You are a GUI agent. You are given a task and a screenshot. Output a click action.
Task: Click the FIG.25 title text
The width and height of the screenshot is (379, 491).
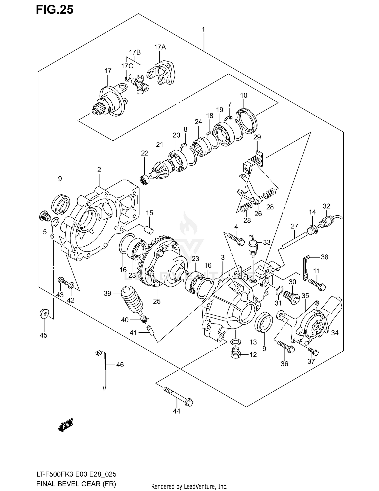[55, 10]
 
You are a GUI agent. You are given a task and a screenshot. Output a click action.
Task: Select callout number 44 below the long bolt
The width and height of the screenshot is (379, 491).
[177, 411]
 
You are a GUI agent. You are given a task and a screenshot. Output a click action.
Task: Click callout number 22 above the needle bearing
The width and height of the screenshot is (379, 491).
[145, 153]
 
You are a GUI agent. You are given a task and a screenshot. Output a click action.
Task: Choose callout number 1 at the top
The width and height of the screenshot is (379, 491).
[203, 30]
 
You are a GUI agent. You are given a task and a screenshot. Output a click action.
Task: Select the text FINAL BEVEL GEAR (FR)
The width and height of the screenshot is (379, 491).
[76, 484]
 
